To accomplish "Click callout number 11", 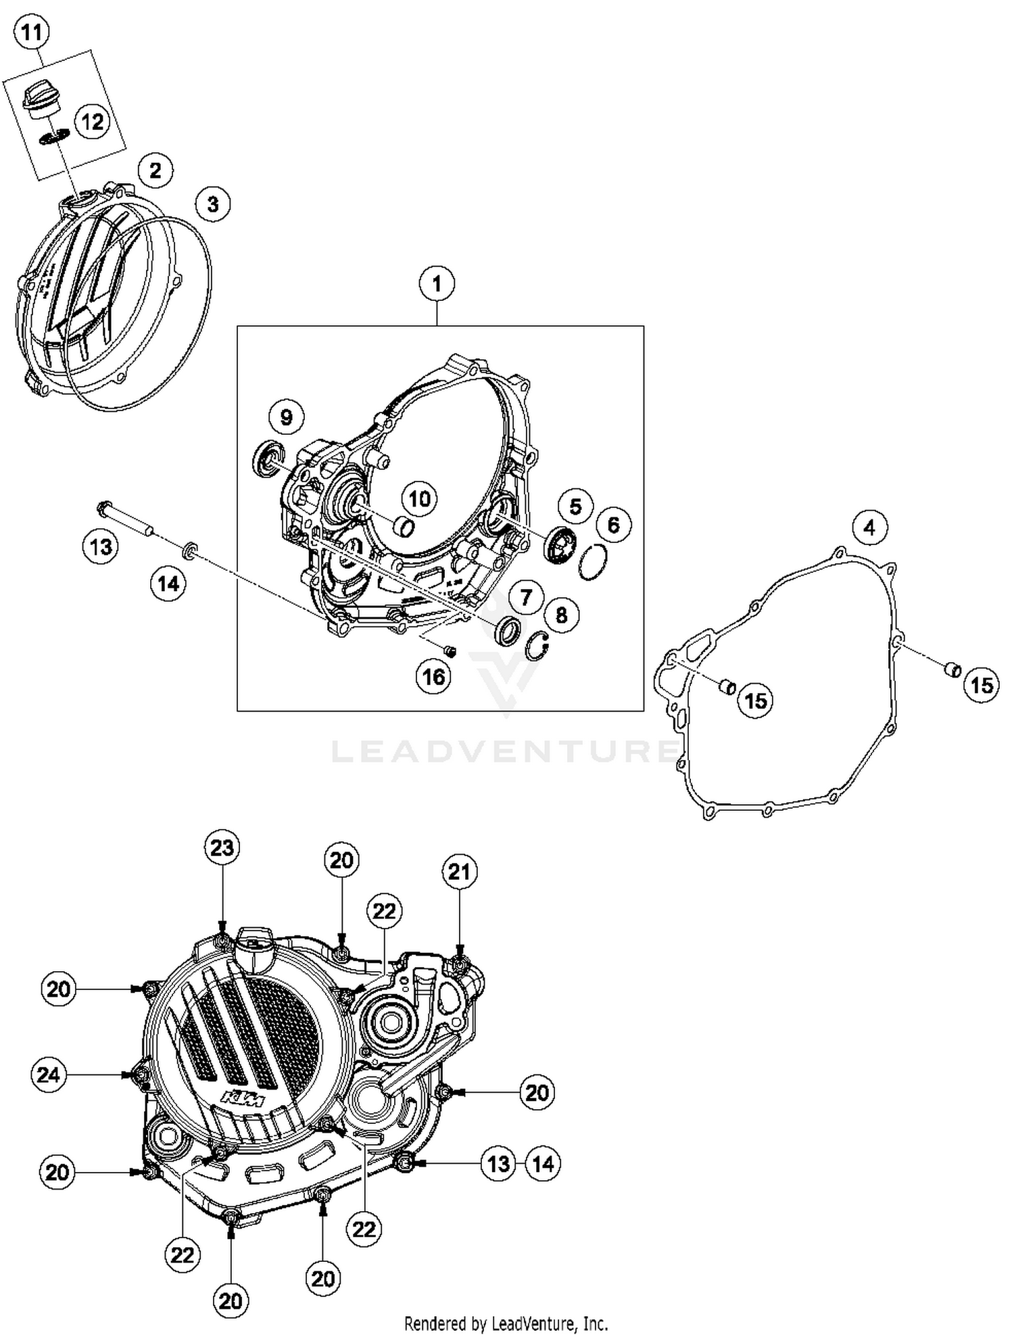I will [x=32, y=32].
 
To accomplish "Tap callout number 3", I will [x=213, y=204].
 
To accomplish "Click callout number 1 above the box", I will [x=437, y=283].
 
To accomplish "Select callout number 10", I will [x=419, y=499].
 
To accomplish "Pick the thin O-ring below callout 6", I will [x=593, y=563].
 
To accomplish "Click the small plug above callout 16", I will [x=449, y=651].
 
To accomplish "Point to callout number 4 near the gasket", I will [x=869, y=527].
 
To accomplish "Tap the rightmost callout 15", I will [x=982, y=685].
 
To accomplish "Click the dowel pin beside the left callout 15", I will [x=727, y=687].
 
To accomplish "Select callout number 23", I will [x=222, y=847].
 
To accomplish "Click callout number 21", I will [x=460, y=872].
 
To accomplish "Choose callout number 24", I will [x=49, y=1075].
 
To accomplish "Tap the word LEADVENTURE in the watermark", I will [x=504, y=751].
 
